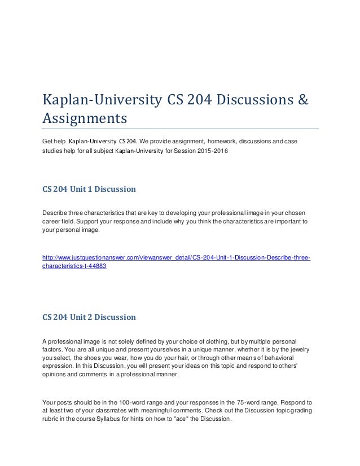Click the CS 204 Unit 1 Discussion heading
(89, 190)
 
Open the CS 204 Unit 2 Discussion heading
(89, 317)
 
